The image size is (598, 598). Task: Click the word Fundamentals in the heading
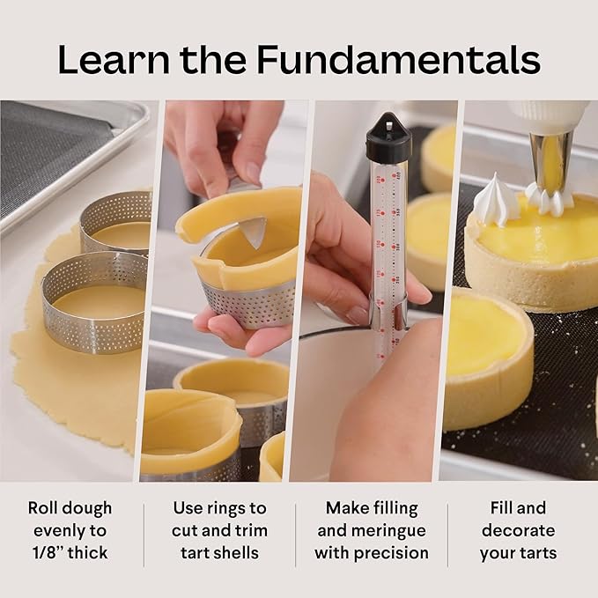[398, 59]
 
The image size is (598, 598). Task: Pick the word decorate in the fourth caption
[518, 530]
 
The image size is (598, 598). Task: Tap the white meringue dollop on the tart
[496, 203]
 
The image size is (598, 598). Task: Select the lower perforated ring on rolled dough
[94, 299]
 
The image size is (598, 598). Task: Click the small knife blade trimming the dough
[252, 232]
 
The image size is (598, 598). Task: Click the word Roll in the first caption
[44, 508]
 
